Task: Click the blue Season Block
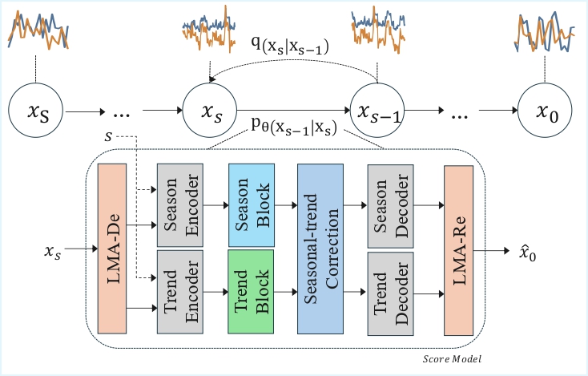click(252, 205)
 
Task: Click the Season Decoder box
click(389, 205)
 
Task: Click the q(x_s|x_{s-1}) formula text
click(295, 48)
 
